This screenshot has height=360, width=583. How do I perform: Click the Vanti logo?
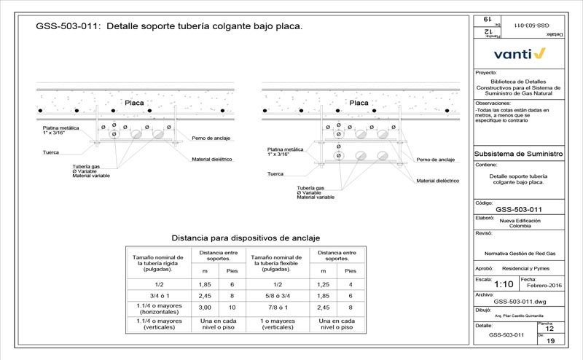[519, 53]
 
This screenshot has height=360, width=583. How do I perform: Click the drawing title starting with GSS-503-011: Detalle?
[169, 26]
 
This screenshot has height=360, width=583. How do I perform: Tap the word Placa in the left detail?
[134, 103]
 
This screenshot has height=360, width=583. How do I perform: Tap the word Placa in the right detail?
[359, 103]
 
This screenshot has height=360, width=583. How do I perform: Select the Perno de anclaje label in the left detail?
[212, 138]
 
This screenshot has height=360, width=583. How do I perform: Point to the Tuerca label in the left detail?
[50, 152]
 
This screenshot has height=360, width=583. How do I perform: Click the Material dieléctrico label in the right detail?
[437, 180]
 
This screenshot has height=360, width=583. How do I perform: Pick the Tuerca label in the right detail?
[275, 174]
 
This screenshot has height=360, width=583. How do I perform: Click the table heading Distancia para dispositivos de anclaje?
[246, 238]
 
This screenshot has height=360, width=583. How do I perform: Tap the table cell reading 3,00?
[205, 308]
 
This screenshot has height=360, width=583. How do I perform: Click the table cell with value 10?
[233, 308]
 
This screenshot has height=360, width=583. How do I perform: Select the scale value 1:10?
[504, 284]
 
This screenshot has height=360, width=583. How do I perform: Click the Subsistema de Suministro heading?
[518, 154]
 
